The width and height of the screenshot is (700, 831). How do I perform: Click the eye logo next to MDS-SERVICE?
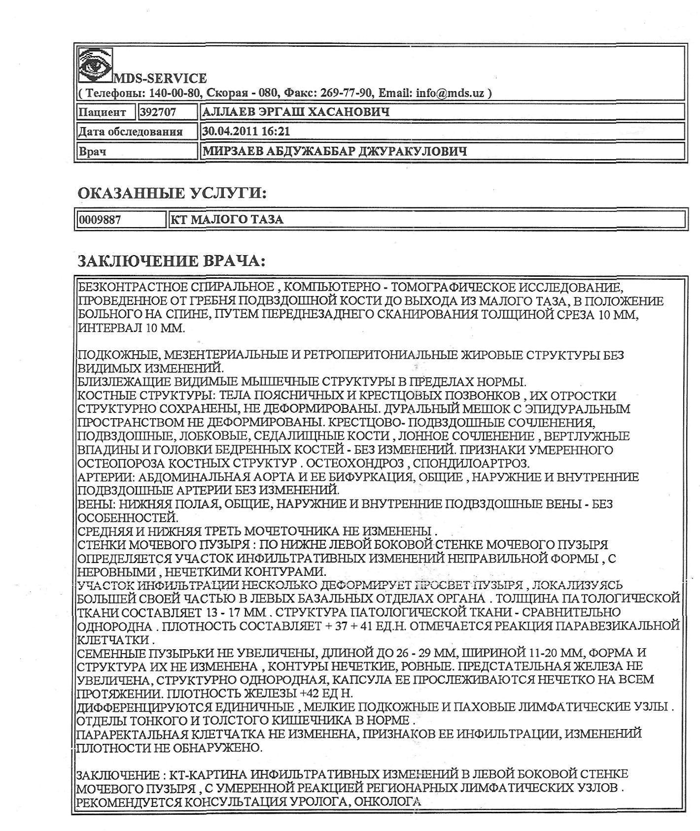pyautogui.click(x=95, y=65)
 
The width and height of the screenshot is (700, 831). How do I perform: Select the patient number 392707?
pyautogui.click(x=158, y=112)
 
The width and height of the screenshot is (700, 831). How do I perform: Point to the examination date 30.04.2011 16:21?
pyautogui.click(x=246, y=132)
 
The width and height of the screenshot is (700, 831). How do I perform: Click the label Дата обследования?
pyautogui.click(x=131, y=132)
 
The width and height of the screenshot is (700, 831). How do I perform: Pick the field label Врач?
pyautogui.click(x=93, y=152)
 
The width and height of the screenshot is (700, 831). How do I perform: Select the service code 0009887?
pyautogui.click(x=100, y=220)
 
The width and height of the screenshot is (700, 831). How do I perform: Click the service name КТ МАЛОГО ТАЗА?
pyautogui.click(x=227, y=220)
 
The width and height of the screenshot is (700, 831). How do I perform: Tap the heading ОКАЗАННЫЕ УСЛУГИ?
pyautogui.click(x=172, y=193)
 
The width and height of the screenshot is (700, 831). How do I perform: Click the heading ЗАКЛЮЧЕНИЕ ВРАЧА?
pyautogui.click(x=172, y=261)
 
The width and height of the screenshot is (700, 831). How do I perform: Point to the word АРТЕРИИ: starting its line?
pyautogui.click(x=105, y=477)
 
